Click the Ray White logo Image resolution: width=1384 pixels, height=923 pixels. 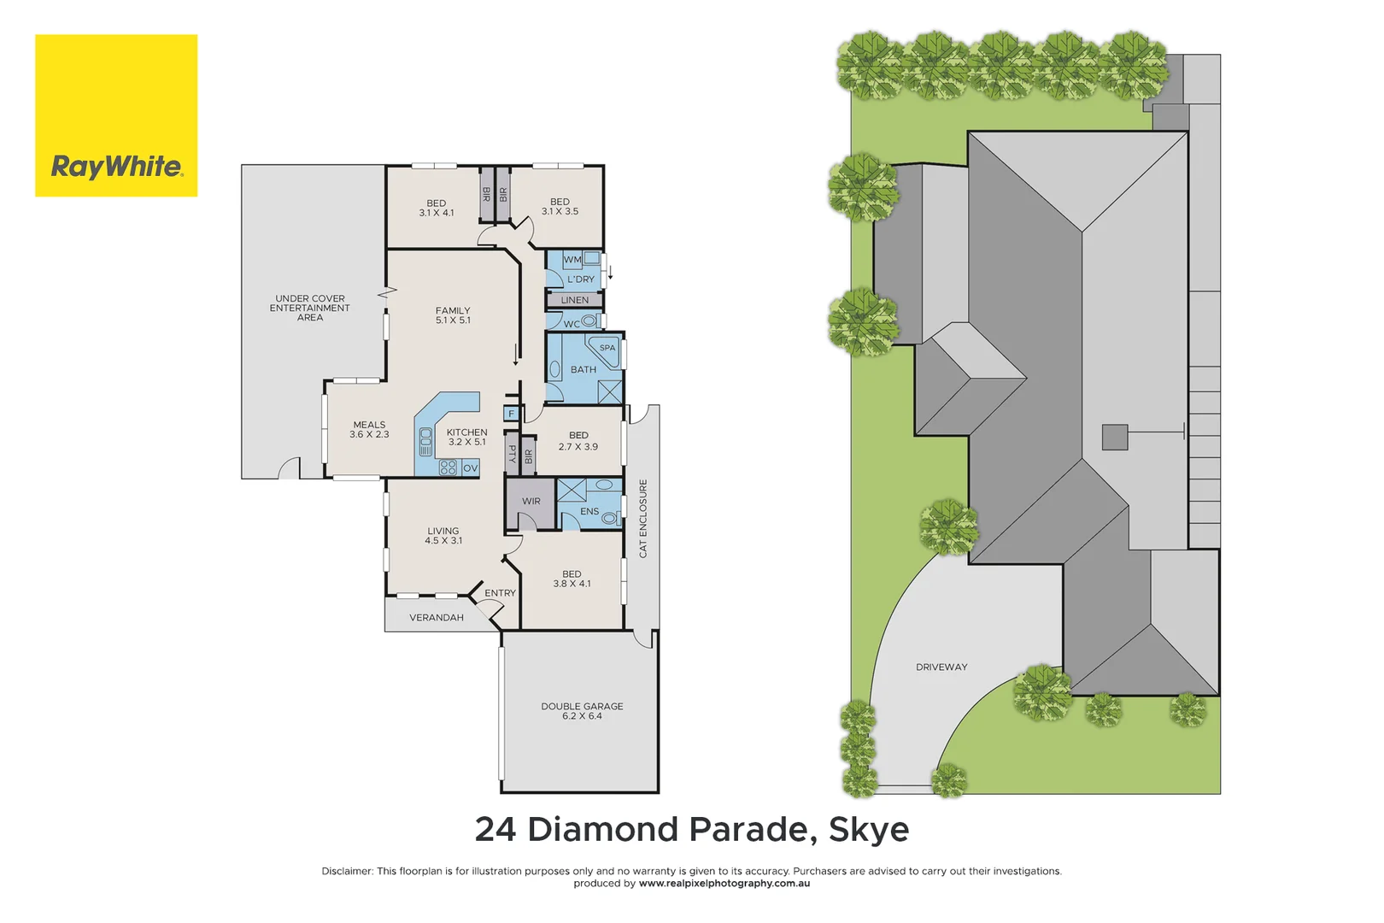pyautogui.click(x=116, y=115)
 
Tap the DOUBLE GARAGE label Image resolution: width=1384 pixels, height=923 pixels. pyautogui.click(x=582, y=711)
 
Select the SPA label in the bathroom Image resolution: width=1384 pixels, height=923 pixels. pyautogui.click(x=607, y=348)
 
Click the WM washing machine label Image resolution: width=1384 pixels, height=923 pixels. pyautogui.click(x=572, y=260)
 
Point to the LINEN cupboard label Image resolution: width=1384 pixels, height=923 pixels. pyautogui.click(x=575, y=300)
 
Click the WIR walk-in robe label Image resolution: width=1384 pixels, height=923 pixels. pyautogui.click(x=531, y=502)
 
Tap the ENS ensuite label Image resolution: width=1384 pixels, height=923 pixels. pyautogui.click(x=589, y=512)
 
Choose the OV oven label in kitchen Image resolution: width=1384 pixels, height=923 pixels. pyautogui.click(x=470, y=468)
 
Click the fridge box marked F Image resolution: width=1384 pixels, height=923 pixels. pyautogui.click(x=512, y=414)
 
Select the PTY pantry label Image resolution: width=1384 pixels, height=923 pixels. pyautogui.click(x=512, y=455)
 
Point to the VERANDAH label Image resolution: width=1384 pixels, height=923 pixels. pyautogui.click(x=437, y=618)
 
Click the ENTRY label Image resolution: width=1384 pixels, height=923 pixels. pyautogui.click(x=500, y=593)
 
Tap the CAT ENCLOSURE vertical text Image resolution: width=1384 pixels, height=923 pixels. pyautogui.click(x=643, y=519)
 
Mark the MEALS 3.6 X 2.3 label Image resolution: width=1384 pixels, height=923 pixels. pyautogui.click(x=369, y=430)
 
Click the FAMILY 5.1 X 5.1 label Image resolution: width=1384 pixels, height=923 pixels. pyautogui.click(x=453, y=315)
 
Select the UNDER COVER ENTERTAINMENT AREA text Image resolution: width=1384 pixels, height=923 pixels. pyautogui.click(x=310, y=309)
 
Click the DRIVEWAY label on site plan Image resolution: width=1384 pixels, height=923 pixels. pyautogui.click(x=941, y=667)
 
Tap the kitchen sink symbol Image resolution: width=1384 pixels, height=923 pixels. pyautogui.click(x=425, y=442)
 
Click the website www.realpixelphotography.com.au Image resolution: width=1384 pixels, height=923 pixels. pyautogui.click(x=724, y=884)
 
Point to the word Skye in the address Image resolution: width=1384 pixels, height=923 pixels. pyautogui.click(x=869, y=830)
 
